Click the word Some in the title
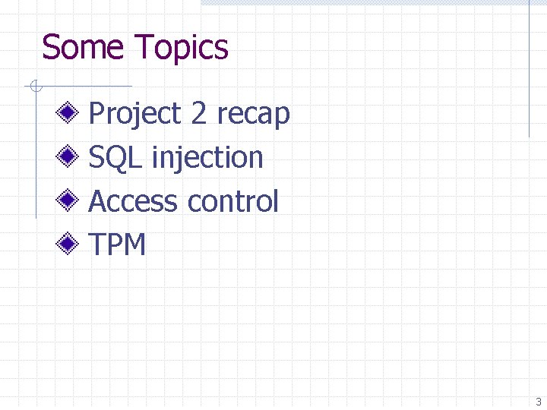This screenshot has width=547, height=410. [x=82, y=47]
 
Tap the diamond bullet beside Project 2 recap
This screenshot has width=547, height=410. [x=67, y=114]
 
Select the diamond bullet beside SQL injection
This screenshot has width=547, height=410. [x=67, y=158]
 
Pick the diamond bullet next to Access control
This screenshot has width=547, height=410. [x=67, y=202]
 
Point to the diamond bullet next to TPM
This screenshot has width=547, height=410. [x=67, y=245]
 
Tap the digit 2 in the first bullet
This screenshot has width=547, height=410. [x=199, y=114]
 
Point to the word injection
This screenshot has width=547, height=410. [x=207, y=159]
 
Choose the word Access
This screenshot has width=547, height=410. [x=134, y=202]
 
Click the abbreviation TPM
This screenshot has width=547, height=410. [x=117, y=245]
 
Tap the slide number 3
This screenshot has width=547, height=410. [x=538, y=402]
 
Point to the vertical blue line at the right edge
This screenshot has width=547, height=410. [x=529, y=68]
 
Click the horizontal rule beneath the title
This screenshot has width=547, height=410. [x=84, y=86]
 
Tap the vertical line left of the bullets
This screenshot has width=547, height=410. [x=36, y=152]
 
